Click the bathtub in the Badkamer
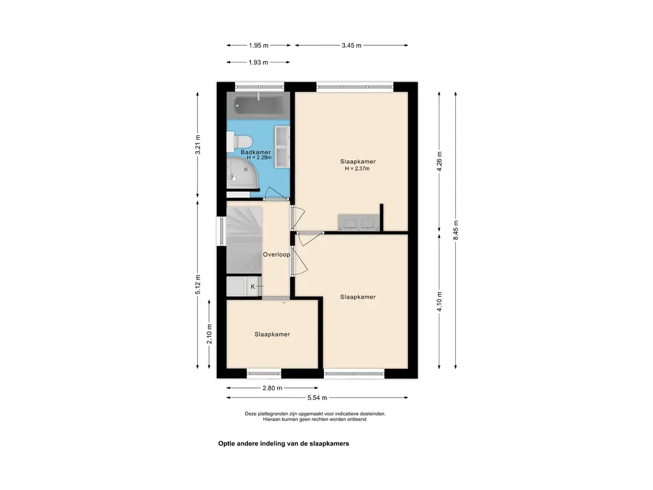[258, 106]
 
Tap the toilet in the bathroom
[238, 142]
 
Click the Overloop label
[276, 255]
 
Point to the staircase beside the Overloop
[244, 240]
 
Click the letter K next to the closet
[253, 286]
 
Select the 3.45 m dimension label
[351, 45]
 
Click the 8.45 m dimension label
[456, 230]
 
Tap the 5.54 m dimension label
[318, 398]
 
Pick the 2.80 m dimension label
[272, 388]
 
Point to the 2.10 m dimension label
[209, 334]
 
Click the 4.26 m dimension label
[439, 161]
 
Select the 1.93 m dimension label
[258, 63]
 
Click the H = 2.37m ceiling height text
[357, 168]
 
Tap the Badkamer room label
[256, 152]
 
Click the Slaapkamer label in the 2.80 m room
[272, 334]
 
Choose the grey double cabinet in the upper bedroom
[358, 222]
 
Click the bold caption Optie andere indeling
[284, 444]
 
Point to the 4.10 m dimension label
[439, 302]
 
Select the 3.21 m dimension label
[198, 145]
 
